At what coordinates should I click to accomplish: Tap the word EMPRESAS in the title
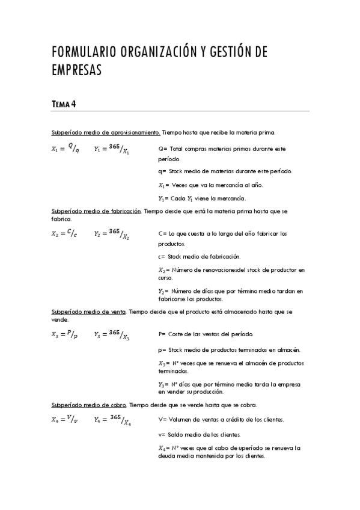tap(76, 70)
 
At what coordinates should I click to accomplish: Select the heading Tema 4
tap(64, 104)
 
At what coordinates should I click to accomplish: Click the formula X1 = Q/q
tap(65, 149)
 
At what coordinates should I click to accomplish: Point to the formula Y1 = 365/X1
tap(111, 149)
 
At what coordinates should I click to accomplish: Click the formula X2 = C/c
tap(65, 233)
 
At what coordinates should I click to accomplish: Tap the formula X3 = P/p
tap(65, 334)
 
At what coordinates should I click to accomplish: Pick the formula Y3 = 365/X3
tap(111, 334)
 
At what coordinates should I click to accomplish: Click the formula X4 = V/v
tap(65, 420)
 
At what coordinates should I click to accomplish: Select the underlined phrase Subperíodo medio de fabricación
tap(96, 211)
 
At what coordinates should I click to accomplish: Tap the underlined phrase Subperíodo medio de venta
tap(88, 312)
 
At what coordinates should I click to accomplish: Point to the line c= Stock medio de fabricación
tap(199, 256)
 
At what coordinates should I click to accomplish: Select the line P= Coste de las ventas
tap(206, 334)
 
